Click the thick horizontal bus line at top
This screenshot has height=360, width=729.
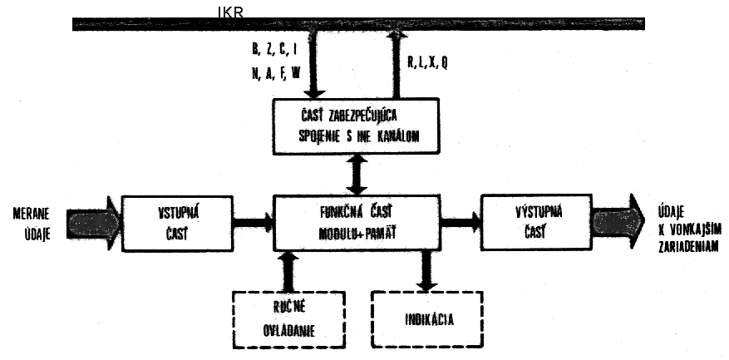[357, 25]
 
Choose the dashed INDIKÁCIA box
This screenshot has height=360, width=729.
[426, 317]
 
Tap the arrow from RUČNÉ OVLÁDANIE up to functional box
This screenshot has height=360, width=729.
[288, 269]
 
